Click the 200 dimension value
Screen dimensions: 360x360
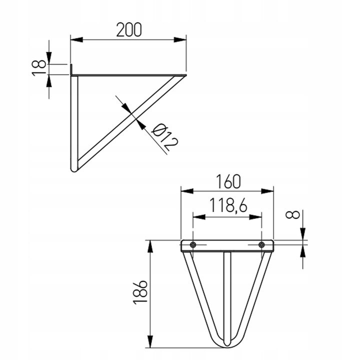pyautogui.click(x=128, y=29)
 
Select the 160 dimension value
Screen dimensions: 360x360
pyautogui.click(x=227, y=181)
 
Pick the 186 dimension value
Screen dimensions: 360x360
pyautogui.click(x=140, y=292)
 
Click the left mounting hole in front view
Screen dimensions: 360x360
pyautogui.click(x=193, y=244)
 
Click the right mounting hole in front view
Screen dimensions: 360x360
pyautogui.click(x=261, y=244)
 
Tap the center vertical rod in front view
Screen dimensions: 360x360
pyautogui.click(x=227, y=295)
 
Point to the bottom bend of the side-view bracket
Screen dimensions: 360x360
pyautogui.click(x=75, y=169)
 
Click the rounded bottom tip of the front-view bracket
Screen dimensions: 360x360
pyautogui.click(x=227, y=344)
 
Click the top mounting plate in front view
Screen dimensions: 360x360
pyautogui.click(x=227, y=245)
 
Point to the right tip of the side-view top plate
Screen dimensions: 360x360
pyautogui.click(x=184, y=75)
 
